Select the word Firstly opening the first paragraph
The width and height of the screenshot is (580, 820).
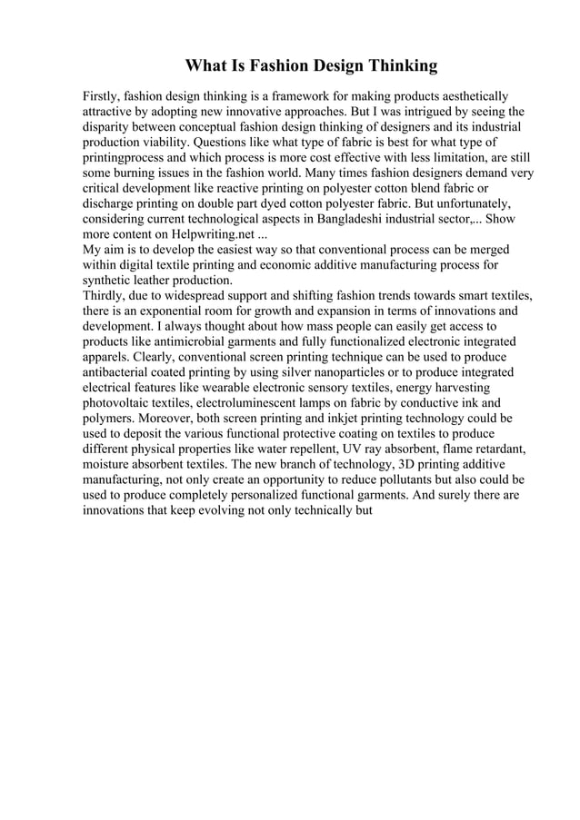click(101, 95)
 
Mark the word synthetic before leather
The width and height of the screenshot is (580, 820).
click(109, 281)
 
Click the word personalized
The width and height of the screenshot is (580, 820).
click(295, 496)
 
